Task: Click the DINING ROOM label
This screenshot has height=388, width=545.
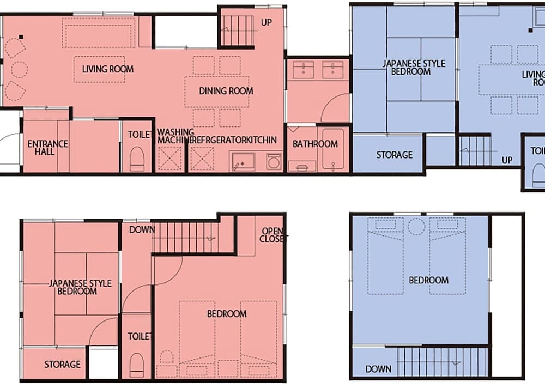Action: click(226, 91)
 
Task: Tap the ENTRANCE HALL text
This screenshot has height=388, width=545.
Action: click(48, 148)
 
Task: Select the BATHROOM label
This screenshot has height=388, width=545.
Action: click(315, 144)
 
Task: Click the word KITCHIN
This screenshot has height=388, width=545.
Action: click(262, 140)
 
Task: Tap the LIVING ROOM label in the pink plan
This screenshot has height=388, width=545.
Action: click(107, 69)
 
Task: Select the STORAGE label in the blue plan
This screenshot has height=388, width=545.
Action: click(394, 155)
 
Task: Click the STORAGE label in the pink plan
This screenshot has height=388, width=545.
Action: click(62, 364)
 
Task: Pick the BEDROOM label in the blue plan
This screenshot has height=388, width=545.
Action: click(428, 280)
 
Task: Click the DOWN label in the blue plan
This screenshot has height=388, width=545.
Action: click(378, 369)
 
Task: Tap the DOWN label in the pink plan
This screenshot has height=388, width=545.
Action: click(142, 229)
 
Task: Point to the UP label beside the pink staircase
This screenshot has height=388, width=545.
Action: click(267, 23)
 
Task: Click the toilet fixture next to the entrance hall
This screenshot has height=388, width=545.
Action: click(137, 159)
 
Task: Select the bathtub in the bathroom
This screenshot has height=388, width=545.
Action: click(333, 149)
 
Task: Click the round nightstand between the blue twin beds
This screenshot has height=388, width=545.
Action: click(416, 226)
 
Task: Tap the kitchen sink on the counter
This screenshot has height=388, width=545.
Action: click(243, 161)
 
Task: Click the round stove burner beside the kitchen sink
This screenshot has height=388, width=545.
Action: click(273, 161)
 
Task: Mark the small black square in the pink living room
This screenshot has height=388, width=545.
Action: click(21, 37)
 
